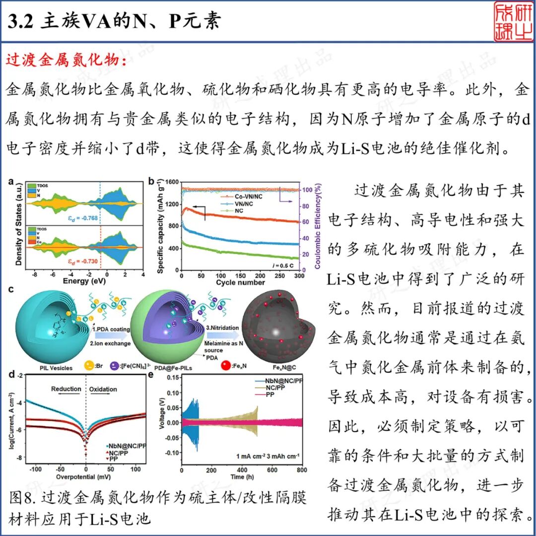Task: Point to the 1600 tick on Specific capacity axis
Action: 172,182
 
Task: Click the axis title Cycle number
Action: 240,282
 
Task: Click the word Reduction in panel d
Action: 66,389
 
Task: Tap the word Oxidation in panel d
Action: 103,389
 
